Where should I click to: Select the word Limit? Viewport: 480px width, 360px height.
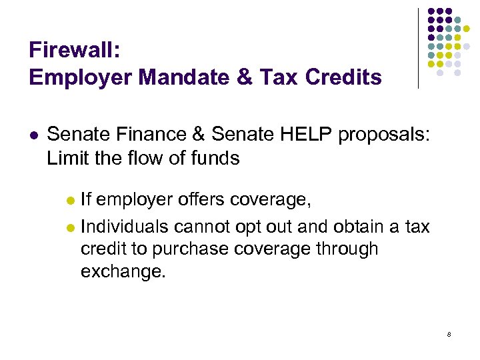65,159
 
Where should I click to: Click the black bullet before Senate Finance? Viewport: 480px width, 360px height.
33,135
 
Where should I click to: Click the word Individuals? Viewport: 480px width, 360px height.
125,227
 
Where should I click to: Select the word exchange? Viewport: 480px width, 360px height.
122,271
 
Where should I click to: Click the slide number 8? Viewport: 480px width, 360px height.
449,333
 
